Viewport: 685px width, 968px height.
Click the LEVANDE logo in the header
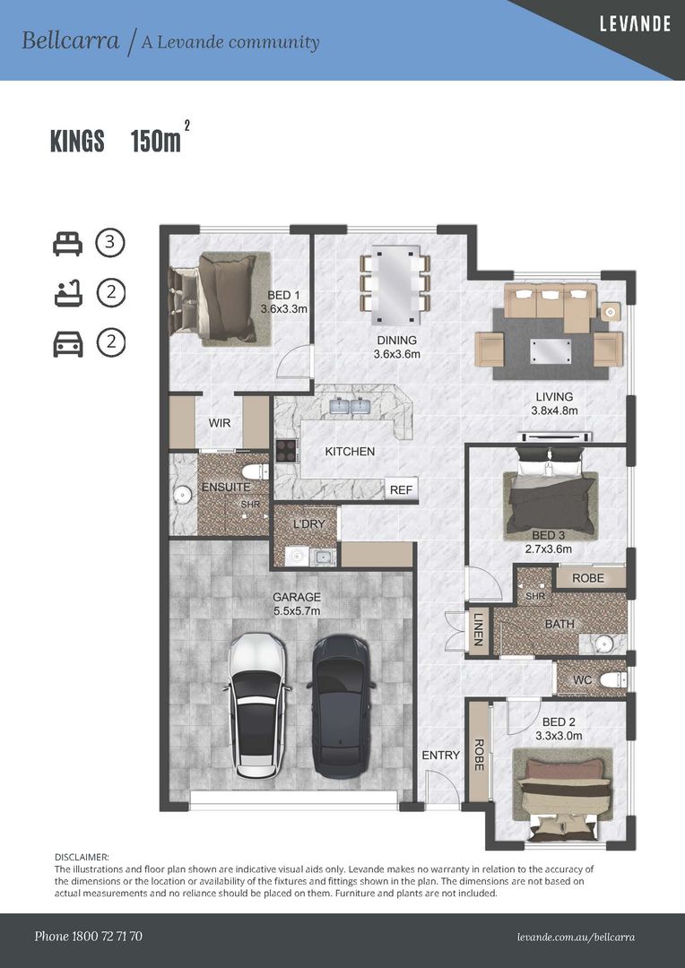click(x=635, y=23)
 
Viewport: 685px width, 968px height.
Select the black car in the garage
click(x=342, y=705)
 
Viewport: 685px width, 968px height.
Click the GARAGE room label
click(x=297, y=597)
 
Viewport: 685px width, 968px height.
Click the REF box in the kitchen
click(x=401, y=489)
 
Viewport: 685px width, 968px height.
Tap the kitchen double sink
click(x=350, y=406)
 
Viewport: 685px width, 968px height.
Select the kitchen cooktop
click(x=287, y=450)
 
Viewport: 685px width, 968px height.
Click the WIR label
click(x=220, y=423)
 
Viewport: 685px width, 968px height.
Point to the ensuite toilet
click(x=256, y=472)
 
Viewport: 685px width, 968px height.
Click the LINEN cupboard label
click(x=479, y=629)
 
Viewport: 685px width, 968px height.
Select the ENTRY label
click(x=441, y=755)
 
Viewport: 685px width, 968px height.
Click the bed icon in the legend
click(x=67, y=244)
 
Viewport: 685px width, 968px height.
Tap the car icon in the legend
click(x=68, y=344)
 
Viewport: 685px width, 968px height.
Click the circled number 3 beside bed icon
click(x=110, y=243)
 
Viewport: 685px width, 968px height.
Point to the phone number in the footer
click(x=89, y=936)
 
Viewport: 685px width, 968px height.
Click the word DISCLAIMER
click(x=82, y=857)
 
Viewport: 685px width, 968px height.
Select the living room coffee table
click(x=550, y=351)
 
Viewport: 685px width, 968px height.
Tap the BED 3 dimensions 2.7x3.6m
click(x=549, y=549)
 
